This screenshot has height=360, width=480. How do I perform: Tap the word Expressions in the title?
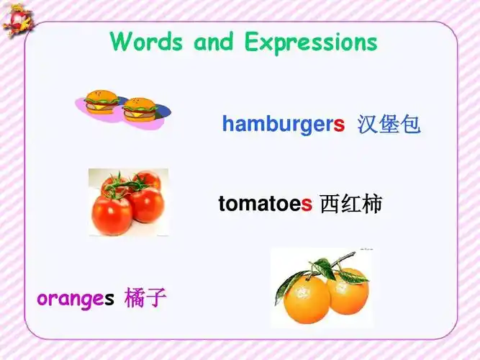click(x=310, y=42)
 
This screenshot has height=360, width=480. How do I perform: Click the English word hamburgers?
click(x=284, y=125)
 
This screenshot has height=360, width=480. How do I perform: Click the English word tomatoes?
click(x=266, y=204)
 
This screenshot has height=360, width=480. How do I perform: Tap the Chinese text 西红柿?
click(x=350, y=204)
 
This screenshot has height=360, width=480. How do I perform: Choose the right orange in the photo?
click(x=347, y=291)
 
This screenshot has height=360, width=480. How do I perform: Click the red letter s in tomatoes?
click(x=307, y=204)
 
